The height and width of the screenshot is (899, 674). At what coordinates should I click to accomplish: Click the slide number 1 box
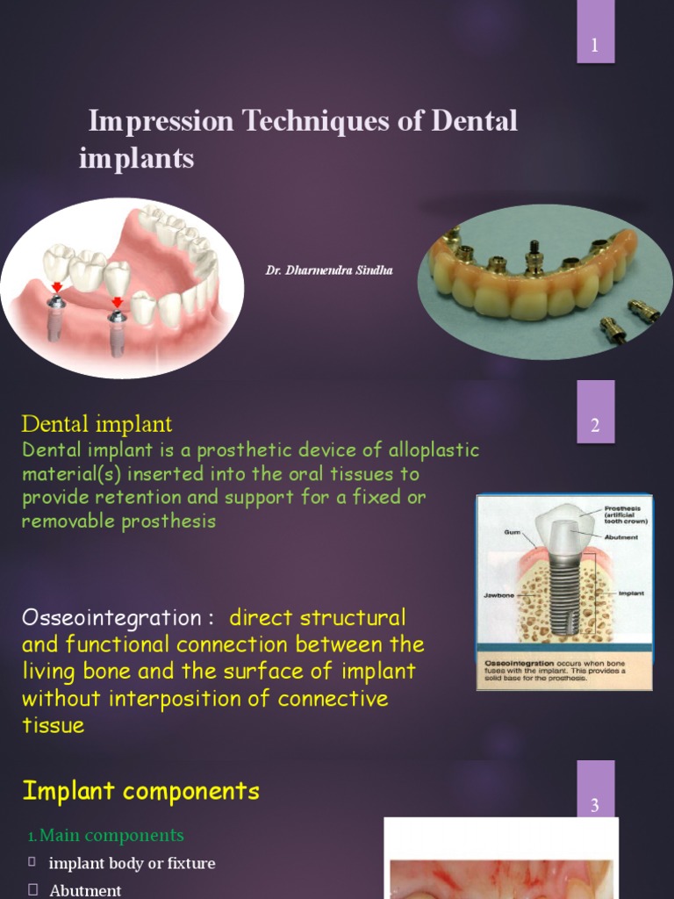coord(595,45)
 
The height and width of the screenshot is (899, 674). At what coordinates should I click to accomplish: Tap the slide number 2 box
coord(595,426)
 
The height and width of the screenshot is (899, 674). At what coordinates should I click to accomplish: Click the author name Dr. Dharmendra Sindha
coord(329,270)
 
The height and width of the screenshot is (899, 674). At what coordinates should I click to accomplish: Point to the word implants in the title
coord(136,158)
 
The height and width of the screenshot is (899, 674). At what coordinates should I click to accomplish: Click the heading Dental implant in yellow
coord(97,424)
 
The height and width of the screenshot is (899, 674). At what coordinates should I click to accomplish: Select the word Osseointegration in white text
coord(111,617)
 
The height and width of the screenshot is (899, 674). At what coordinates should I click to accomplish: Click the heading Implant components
coord(140,791)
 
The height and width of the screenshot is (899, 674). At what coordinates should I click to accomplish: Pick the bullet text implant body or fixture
coord(132,863)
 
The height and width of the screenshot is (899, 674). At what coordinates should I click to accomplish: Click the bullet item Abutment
coord(85,890)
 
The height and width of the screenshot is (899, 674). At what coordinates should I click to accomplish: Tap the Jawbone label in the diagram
coord(498,594)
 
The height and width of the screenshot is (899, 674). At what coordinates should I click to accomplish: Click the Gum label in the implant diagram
coord(513,532)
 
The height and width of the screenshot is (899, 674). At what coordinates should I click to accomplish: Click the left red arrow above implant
coord(57,287)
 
